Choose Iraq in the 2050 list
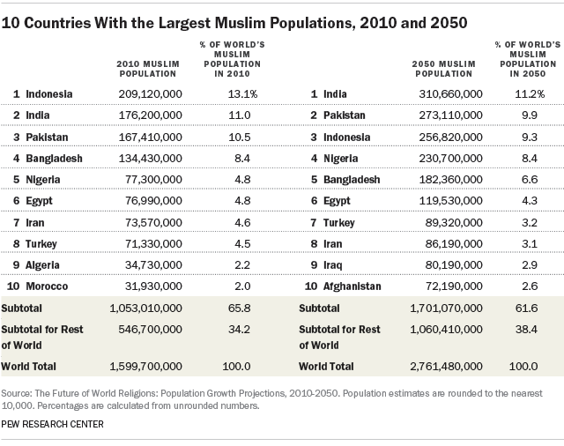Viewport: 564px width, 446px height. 332,265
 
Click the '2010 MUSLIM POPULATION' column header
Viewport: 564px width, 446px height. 145,67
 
